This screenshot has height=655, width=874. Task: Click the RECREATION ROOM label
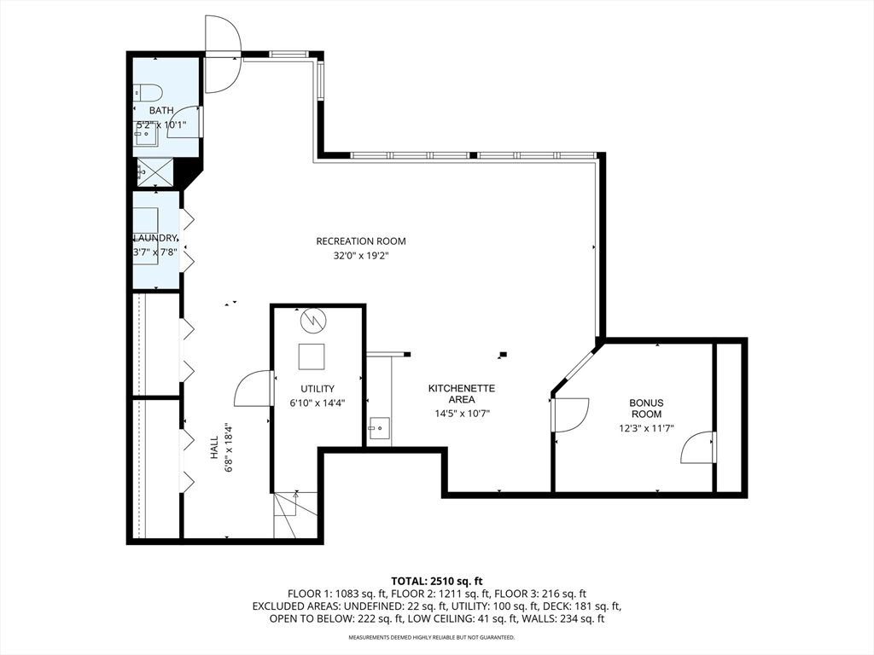pyautogui.click(x=361, y=241)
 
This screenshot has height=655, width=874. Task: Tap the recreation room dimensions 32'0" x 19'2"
pyautogui.click(x=361, y=256)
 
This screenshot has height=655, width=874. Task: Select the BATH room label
pyautogui.click(x=161, y=110)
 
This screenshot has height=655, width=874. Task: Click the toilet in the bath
pyautogui.click(x=148, y=92)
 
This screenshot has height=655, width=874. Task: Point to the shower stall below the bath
pyautogui.click(x=155, y=172)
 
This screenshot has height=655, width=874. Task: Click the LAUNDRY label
pyautogui.click(x=155, y=238)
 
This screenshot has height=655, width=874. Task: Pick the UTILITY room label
pyautogui.click(x=318, y=389)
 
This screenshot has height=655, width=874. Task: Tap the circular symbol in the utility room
pyautogui.click(x=312, y=321)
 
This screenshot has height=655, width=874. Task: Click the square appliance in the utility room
pyautogui.click(x=312, y=356)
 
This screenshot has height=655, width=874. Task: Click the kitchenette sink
pyautogui.click(x=378, y=428)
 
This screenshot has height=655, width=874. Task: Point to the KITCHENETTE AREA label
pyautogui.click(x=462, y=394)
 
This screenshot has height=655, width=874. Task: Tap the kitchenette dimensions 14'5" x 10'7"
pyautogui.click(x=462, y=414)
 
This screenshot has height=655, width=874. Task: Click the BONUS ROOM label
pyautogui.click(x=647, y=409)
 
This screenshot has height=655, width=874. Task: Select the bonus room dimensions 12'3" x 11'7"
pyautogui.click(x=647, y=428)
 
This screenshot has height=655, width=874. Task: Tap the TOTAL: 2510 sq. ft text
pyautogui.click(x=436, y=582)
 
